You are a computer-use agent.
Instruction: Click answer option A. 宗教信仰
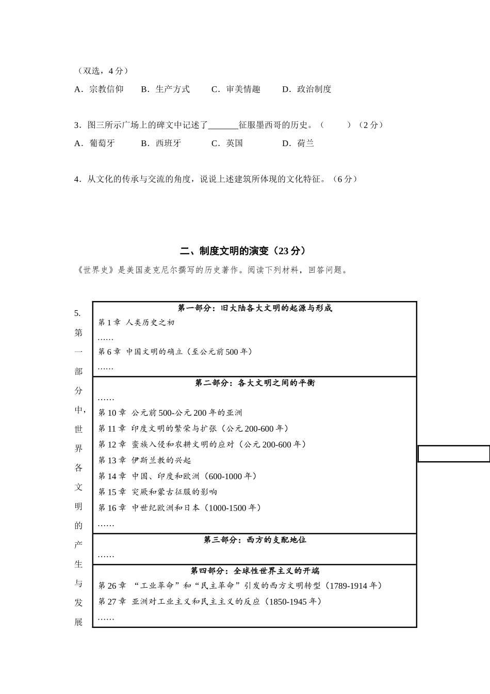pyautogui.click(x=99, y=89)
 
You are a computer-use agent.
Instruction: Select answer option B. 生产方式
pyautogui.click(x=166, y=89)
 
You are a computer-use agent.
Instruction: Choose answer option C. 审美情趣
pyautogui.click(x=236, y=89)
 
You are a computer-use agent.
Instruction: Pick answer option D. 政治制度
pyautogui.click(x=307, y=89)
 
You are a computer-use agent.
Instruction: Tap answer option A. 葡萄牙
pyautogui.click(x=95, y=144)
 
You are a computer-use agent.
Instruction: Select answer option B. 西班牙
pyautogui.click(x=161, y=144)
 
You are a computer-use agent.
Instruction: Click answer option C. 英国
pyautogui.click(x=227, y=144)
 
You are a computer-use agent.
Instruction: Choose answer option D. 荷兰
pyautogui.click(x=298, y=144)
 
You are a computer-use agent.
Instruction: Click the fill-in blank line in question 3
pyautogui.click(x=223, y=125)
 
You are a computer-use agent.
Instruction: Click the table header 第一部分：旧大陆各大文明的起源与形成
pyautogui.click(x=255, y=308)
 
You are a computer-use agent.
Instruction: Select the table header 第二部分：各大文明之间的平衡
pyautogui.click(x=255, y=383)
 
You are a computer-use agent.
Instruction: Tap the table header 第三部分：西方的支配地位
pyautogui.click(x=255, y=540)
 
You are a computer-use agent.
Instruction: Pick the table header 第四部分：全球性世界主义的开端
pyautogui.click(x=255, y=571)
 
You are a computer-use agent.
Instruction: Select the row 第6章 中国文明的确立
pyautogui.click(x=175, y=352)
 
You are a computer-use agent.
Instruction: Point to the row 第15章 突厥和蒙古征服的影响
pyautogui.click(x=158, y=492)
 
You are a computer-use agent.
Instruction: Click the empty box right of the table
pyautogui.click(x=453, y=454)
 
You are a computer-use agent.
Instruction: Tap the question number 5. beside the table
pyautogui.click(x=77, y=313)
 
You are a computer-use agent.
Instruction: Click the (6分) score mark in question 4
pyautogui.click(x=345, y=179)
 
